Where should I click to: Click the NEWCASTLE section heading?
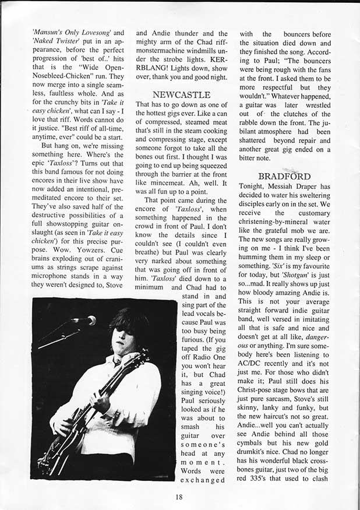(181, 94)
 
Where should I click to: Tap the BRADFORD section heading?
(285, 175)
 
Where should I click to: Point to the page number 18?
(179, 497)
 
